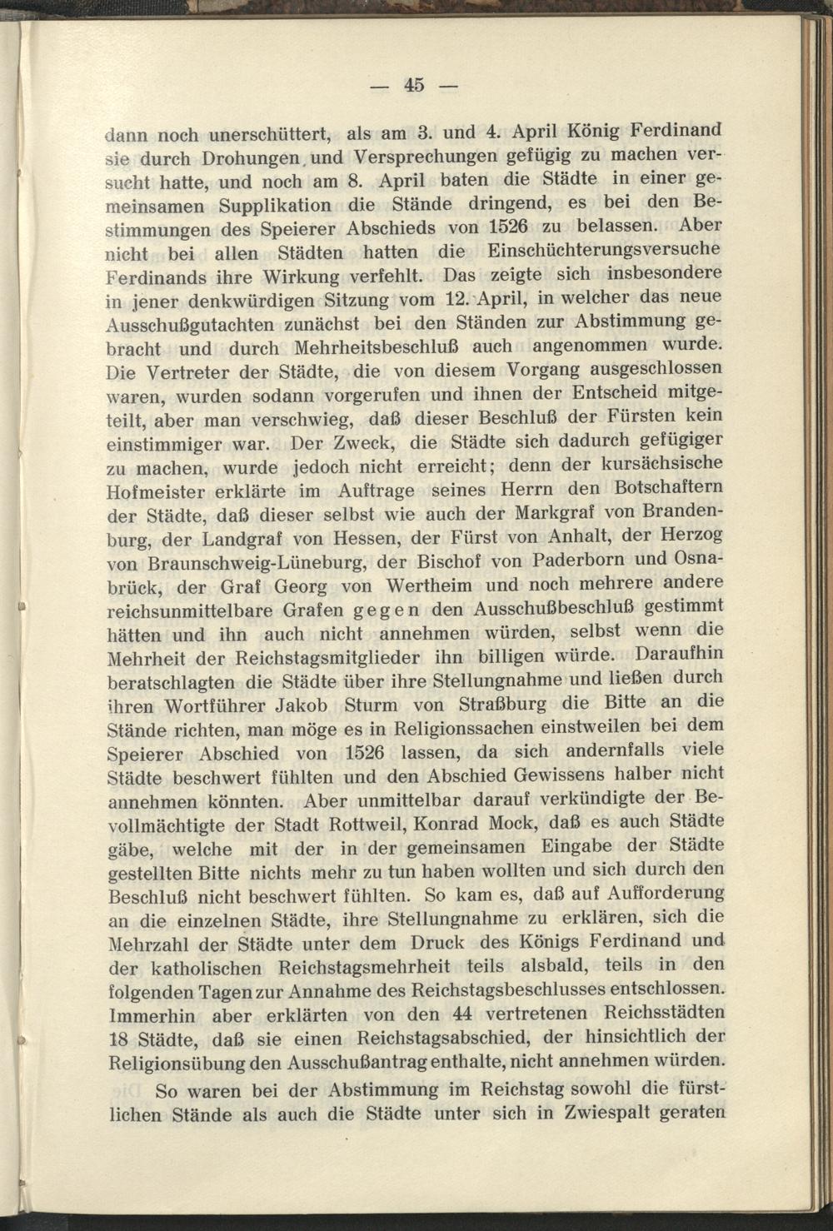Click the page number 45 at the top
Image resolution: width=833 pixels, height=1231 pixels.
414,84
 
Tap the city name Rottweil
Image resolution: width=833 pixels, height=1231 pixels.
357,825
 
